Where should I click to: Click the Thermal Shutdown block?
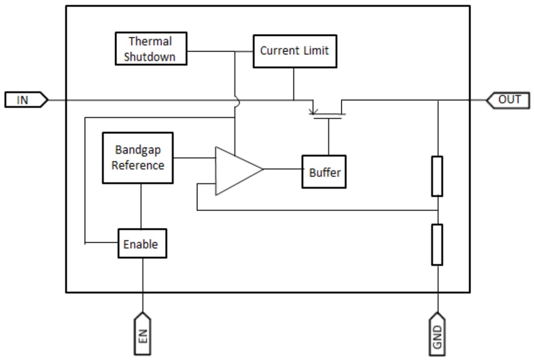click(x=151, y=49)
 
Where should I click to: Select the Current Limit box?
click(x=294, y=51)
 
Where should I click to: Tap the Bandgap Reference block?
click(x=137, y=158)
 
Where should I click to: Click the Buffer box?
click(x=324, y=172)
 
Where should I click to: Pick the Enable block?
click(x=142, y=244)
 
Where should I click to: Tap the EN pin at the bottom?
click(x=143, y=333)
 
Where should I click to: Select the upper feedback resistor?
click(x=437, y=176)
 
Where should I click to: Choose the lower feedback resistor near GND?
click(x=437, y=245)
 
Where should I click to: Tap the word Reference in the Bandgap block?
click(x=137, y=165)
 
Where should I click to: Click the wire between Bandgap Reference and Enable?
click(x=141, y=206)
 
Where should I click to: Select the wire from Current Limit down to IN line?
click(x=294, y=83)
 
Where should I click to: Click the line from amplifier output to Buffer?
click(x=282, y=169)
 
